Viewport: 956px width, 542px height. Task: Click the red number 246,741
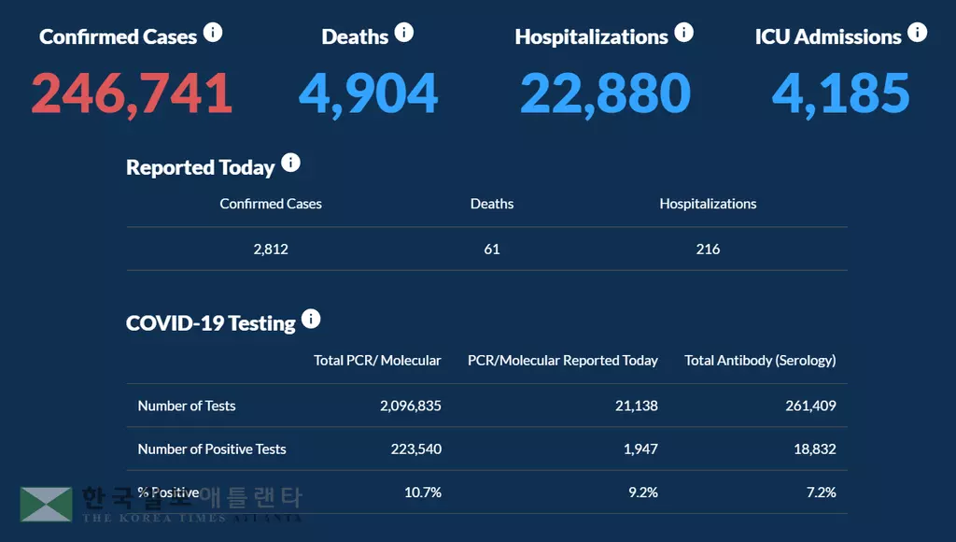tap(132, 93)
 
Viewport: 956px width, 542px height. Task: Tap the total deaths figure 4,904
tap(368, 93)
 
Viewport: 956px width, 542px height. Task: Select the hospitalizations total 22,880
tap(605, 93)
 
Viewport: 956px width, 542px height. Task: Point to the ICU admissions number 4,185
tap(840, 93)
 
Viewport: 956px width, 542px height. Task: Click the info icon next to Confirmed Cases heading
tap(213, 34)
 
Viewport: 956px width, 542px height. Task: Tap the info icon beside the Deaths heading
tap(403, 34)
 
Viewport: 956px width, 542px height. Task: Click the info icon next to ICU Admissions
tap(918, 34)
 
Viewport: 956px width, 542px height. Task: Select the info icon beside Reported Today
tap(290, 164)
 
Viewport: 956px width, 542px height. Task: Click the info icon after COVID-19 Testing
tap(311, 320)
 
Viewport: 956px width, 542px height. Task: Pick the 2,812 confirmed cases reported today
tap(271, 250)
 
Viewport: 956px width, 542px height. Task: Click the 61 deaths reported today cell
tap(492, 250)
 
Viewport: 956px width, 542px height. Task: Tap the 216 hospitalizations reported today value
tap(708, 250)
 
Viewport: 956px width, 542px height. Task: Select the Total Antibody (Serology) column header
tap(760, 361)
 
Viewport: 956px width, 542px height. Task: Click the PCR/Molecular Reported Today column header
tap(562, 361)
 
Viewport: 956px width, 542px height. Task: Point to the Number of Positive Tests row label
tap(212, 449)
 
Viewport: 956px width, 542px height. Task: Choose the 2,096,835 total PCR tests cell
tap(411, 406)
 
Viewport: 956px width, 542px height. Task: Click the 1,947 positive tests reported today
tap(640, 449)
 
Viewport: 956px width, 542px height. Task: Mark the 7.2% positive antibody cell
tap(820, 492)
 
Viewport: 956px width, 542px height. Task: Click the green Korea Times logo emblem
tap(46, 504)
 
